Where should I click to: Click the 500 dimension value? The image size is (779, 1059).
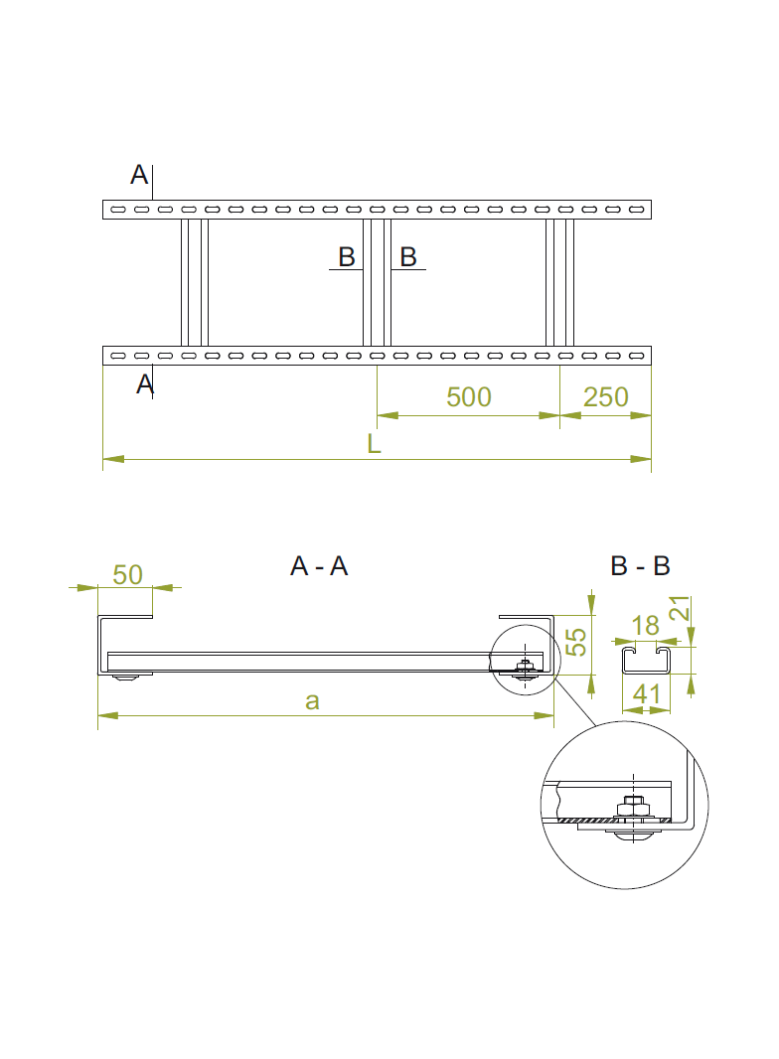(x=468, y=397)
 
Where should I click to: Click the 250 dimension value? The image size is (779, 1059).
(x=606, y=397)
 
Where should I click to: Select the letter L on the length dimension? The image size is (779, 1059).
(x=375, y=444)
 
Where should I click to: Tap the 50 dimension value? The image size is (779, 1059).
(x=128, y=574)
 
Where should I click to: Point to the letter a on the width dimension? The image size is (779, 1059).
(x=312, y=701)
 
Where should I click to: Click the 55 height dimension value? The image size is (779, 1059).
(x=575, y=641)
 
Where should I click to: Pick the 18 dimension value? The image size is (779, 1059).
(x=646, y=626)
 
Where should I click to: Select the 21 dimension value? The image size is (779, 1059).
(x=679, y=609)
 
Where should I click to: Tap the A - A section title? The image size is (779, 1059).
(x=319, y=566)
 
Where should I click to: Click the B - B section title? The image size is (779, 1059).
(x=641, y=566)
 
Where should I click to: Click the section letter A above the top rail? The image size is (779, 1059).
(x=139, y=176)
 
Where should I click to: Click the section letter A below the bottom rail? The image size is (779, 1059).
(x=145, y=383)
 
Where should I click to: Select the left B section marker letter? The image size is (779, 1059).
(x=347, y=257)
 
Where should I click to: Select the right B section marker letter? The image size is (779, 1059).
(x=407, y=257)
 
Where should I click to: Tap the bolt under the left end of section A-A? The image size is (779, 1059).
(x=127, y=678)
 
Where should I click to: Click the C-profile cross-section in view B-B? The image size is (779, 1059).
(x=647, y=661)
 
